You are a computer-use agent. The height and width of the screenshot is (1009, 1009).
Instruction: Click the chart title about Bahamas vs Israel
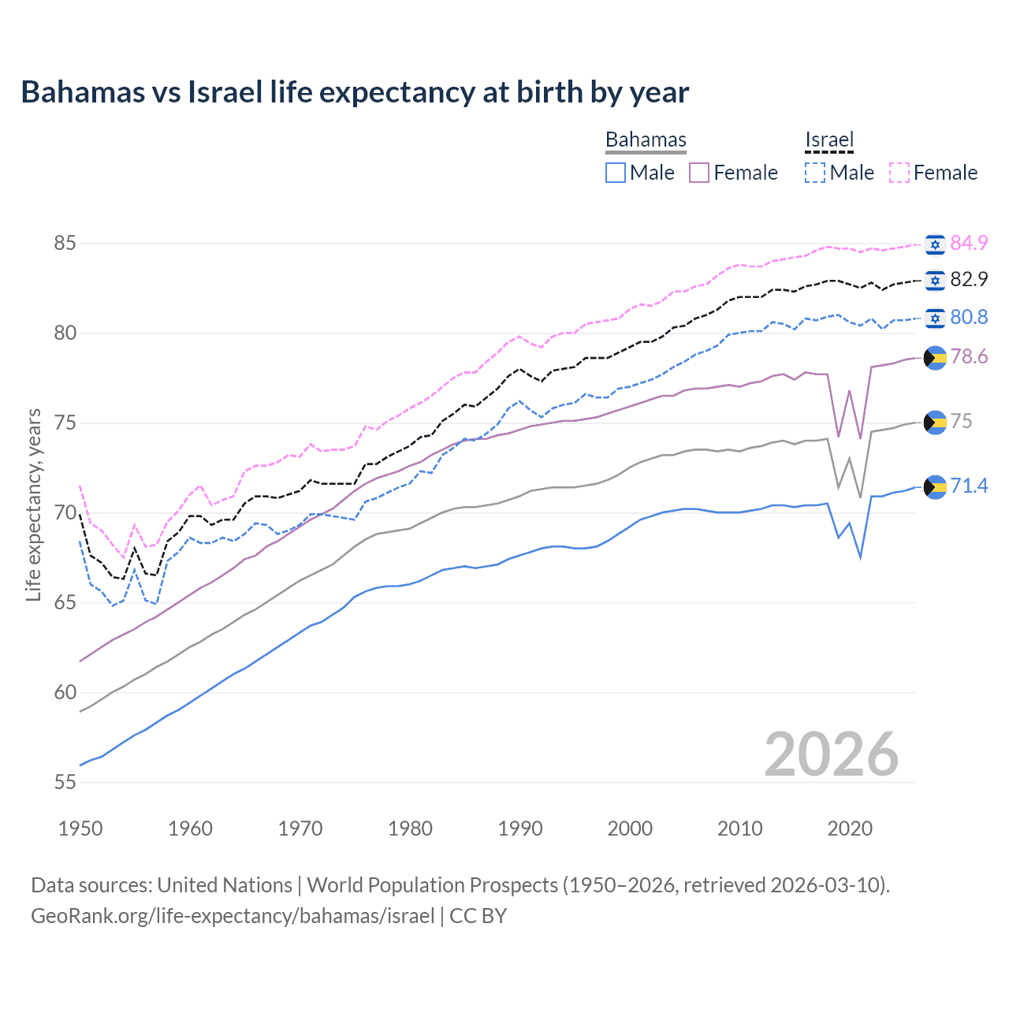(x=355, y=92)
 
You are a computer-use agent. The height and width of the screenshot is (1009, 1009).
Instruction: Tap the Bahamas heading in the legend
(x=646, y=140)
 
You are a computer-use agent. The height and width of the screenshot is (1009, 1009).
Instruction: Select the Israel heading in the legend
(x=829, y=140)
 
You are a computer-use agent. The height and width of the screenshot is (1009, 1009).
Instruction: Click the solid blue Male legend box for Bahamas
(x=616, y=173)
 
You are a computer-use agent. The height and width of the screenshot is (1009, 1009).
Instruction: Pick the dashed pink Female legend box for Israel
(x=899, y=173)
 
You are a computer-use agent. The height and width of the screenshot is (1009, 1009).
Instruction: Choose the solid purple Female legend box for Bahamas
(x=699, y=173)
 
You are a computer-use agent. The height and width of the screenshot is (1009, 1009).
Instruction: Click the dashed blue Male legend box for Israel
(x=815, y=173)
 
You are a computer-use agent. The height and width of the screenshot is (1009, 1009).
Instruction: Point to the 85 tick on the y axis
(x=65, y=243)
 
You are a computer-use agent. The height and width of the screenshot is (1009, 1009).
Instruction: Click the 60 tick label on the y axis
(x=65, y=693)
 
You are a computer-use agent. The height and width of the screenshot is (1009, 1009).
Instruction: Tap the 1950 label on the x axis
(x=80, y=828)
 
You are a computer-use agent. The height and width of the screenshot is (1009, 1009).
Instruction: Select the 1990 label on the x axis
(x=520, y=828)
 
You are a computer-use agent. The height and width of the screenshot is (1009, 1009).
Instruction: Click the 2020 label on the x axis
(x=850, y=828)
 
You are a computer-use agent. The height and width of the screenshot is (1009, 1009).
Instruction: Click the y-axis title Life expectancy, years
(x=33, y=504)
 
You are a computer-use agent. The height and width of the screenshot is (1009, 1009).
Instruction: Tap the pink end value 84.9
(x=969, y=243)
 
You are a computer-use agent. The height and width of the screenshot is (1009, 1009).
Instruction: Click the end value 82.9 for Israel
(x=969, y=279)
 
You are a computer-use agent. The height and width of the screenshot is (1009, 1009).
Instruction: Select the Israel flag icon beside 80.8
(x=935, y=318)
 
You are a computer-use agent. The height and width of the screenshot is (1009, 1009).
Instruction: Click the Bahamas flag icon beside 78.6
(x=935, y=357)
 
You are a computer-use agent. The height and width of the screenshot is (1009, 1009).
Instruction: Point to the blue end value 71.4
(x=969, y=486)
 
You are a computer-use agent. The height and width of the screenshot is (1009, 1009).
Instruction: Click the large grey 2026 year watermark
(x=832, y=754)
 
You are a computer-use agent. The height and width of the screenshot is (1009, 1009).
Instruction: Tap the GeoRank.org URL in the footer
(x=233, y=916)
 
